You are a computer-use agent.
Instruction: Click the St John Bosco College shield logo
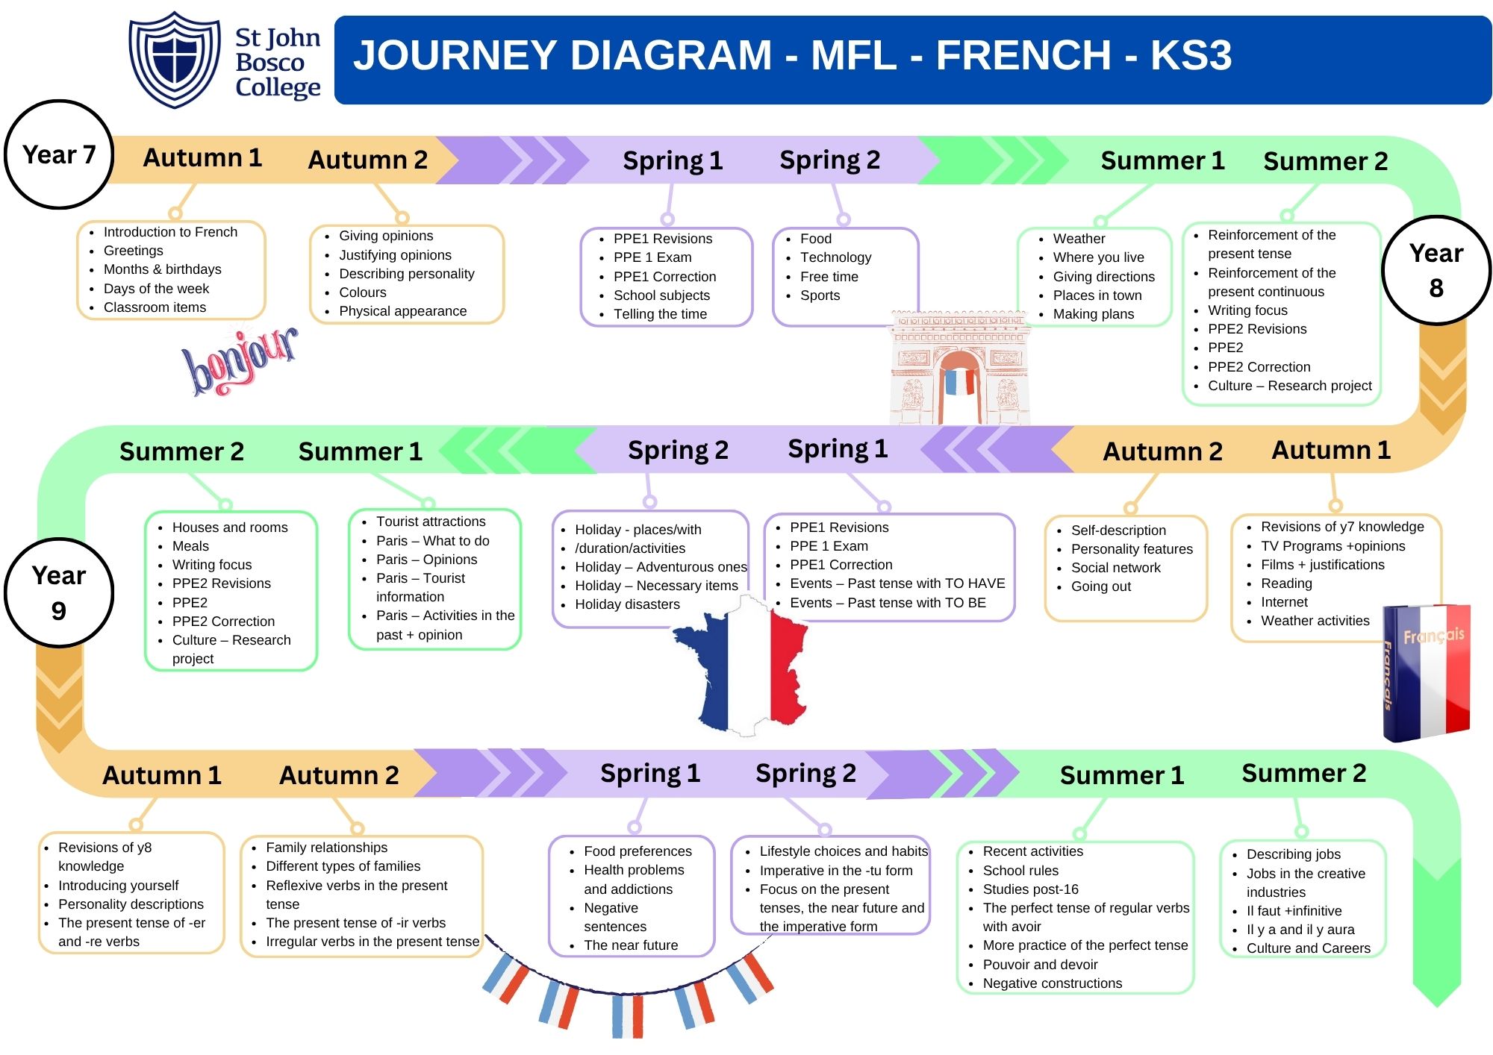pyautogui.click(x=174, y=60)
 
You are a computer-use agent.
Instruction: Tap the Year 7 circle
pyautogui.click(x=59, y=154)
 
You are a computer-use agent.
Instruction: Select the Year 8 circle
pyautogui.click(x=1436, y=270)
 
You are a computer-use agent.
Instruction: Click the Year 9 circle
pyautogui.click(x=59, y=592)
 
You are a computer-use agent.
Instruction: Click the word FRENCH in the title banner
pyautogui.click(x=1023, y=55)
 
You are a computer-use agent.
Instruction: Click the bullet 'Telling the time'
pyautogui.click(x=660, y=314)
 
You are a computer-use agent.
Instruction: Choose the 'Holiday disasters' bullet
pyautogui.click(x=627, y=604)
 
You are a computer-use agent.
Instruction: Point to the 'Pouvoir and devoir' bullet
pyautogui.click(x=1040, y=965)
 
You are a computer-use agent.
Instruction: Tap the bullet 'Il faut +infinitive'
pyautogui.click(x=1294, y=911)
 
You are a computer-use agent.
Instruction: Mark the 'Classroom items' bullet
pyautogui.click(x=155, y=307)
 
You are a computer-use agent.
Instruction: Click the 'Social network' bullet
pyautogui.click(x=1115, y=568)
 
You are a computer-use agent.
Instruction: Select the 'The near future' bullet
pyautogui.click(x=631, y=945)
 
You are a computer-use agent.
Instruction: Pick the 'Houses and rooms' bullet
pyautogui.click(x=230, y=527)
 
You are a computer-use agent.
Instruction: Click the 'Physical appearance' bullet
pyautogui.click(x=402, y=311)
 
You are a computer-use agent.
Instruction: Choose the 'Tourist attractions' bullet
pyautogui.click(x=431, y=522)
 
